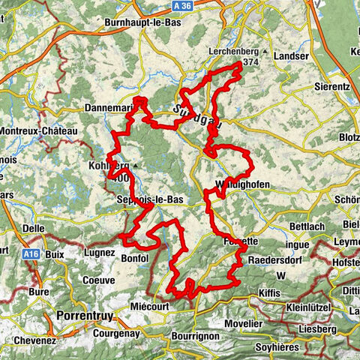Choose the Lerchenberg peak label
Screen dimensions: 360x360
coord(232,52)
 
